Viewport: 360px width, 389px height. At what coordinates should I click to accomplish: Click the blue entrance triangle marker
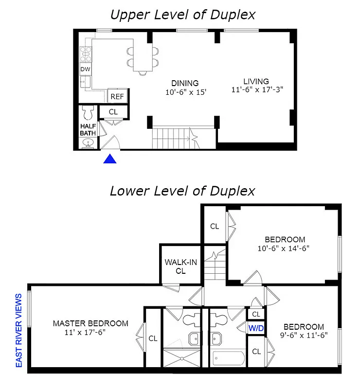click(x=111, y=159)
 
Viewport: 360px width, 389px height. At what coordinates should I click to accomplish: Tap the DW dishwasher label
click(x=86, y=70)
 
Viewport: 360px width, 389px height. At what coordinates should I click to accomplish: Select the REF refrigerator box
click(x=117, y=97)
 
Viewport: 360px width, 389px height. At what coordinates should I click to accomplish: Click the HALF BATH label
click(x=88, y=129)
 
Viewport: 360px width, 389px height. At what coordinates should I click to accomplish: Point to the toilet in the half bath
click(x=88, y=113)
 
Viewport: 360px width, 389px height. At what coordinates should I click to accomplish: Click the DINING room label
click(x=185, y=83)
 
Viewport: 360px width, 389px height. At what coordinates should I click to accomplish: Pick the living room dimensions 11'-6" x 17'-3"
click(x=256, y=89)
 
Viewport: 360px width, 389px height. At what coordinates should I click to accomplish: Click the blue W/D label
click(x=256, y=328)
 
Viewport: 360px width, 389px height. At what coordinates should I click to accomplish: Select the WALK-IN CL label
click(x=180, y=266)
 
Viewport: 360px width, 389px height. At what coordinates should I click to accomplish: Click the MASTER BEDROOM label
click(x=90, y=323)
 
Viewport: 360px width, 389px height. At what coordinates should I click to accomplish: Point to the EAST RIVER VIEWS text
click(x=19, y=330)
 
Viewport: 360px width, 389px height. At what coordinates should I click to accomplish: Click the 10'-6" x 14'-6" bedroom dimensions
click(x=284, y=248)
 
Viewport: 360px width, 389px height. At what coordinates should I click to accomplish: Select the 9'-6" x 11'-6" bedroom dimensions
click(x=304, y=335)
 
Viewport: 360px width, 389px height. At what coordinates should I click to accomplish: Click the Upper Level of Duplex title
click(x=182, y=15)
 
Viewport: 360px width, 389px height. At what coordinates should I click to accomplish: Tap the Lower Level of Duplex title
click(x=182, y=190)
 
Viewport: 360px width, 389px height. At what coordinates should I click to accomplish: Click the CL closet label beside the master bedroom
click(x=153, y=338)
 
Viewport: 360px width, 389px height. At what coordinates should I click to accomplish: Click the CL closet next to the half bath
click(x=113, y=112)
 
